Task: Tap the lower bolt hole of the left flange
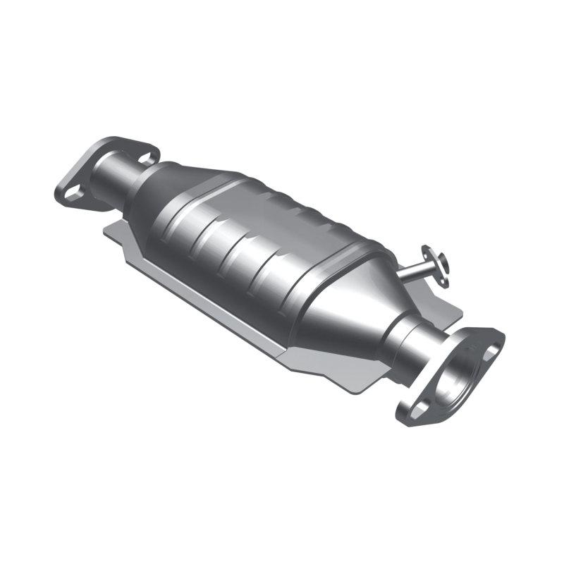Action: coord(72,191)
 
